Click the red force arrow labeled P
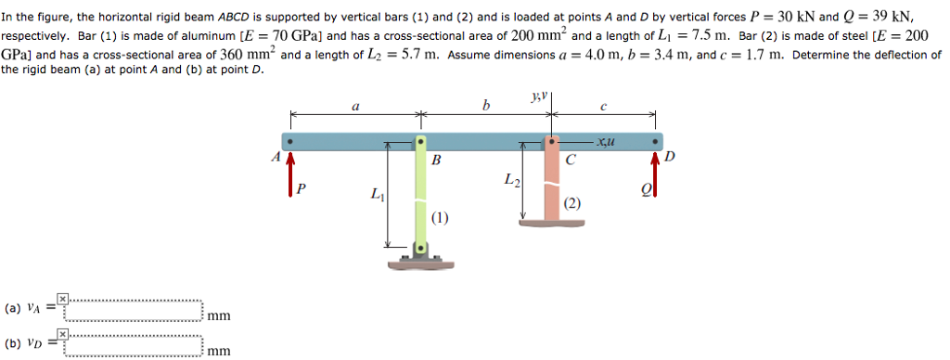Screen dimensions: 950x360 (x=291, y=174)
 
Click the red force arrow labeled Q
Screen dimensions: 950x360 (x=657, y=174)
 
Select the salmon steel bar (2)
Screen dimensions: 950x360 (x=552, y=186)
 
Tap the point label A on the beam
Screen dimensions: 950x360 (x=276, y=158)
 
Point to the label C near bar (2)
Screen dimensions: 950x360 (x=570, y=160)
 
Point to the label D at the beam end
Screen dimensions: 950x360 (x=671, y=157)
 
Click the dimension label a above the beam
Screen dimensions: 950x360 (x=355, y=106)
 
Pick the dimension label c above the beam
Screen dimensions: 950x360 (x=604, y=106)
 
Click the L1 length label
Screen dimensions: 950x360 (x=376, y=195)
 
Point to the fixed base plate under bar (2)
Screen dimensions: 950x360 (x=552, y=223)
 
